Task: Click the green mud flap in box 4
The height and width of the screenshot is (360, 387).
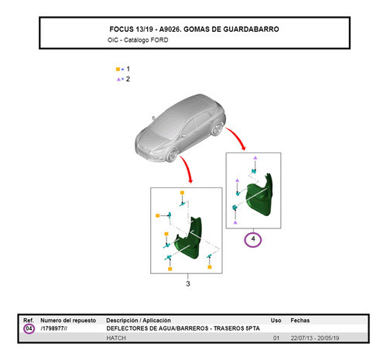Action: [263, 197]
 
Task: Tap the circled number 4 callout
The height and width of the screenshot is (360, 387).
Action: [252, 239]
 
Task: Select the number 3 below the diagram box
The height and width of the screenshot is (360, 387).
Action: [188, 284]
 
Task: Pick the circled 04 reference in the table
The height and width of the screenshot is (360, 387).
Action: [29, 329]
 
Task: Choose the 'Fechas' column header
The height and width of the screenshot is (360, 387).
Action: [300, 320]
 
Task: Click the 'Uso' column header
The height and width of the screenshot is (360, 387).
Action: [276, 320]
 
